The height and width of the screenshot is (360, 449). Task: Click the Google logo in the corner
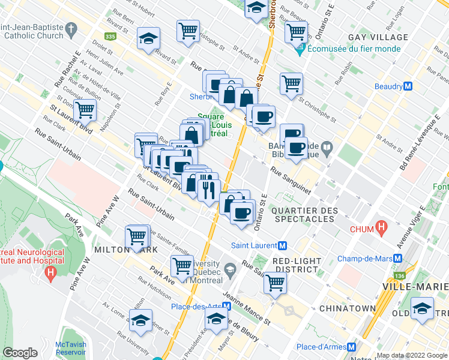coord(20,353)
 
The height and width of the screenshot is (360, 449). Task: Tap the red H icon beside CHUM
coord(381,227)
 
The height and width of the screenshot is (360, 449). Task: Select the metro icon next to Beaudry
coord(408,86)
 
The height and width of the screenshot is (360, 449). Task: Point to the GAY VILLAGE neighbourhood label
coord(380,37)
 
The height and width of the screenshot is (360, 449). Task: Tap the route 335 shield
coord(109,37)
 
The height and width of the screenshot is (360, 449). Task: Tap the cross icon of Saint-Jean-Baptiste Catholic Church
coord(71,27)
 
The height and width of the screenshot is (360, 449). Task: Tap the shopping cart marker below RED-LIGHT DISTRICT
coord(276,282)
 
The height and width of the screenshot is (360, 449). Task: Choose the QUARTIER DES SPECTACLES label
coord(304,215)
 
